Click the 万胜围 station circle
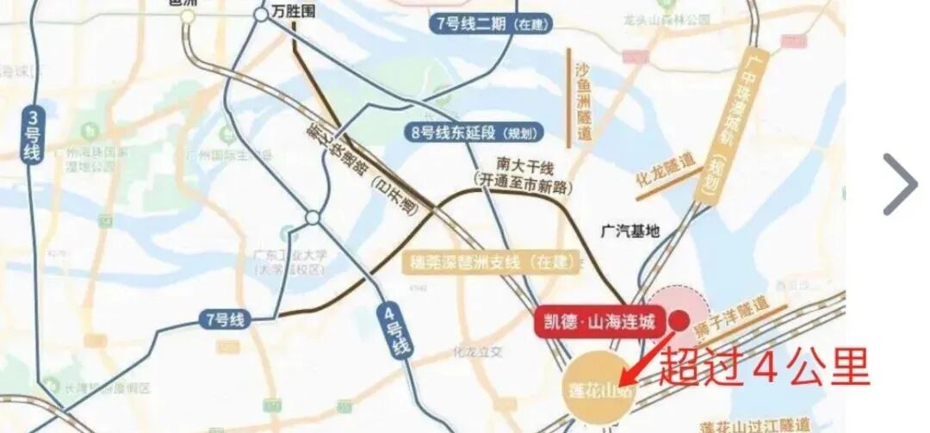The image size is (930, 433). pos(261,14)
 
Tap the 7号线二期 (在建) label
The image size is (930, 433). pos(491,24)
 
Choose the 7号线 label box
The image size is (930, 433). pos(225,320)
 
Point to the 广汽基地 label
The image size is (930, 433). pos(629,231)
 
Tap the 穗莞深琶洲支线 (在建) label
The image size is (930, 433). pos(490,261)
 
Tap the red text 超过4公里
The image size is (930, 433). pos(764,367)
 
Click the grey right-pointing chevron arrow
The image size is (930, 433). pos(901,184)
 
